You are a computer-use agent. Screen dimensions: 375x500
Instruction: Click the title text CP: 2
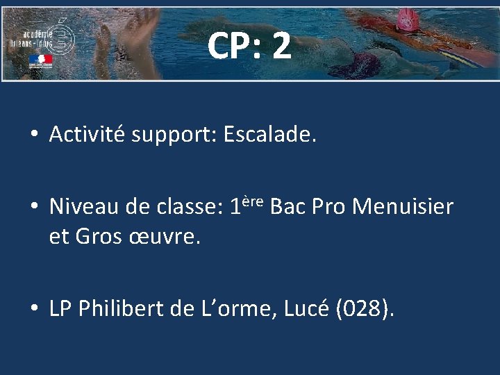pyautogui.click(x=249, y=46)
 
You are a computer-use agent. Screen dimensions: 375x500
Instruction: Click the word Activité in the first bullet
pyautogui.click(x=87, y=135)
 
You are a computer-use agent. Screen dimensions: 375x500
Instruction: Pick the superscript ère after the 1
pyautogui.click(x=253, y=201)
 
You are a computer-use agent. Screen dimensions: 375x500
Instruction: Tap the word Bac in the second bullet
pyautogui.click(x=288, y=206)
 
